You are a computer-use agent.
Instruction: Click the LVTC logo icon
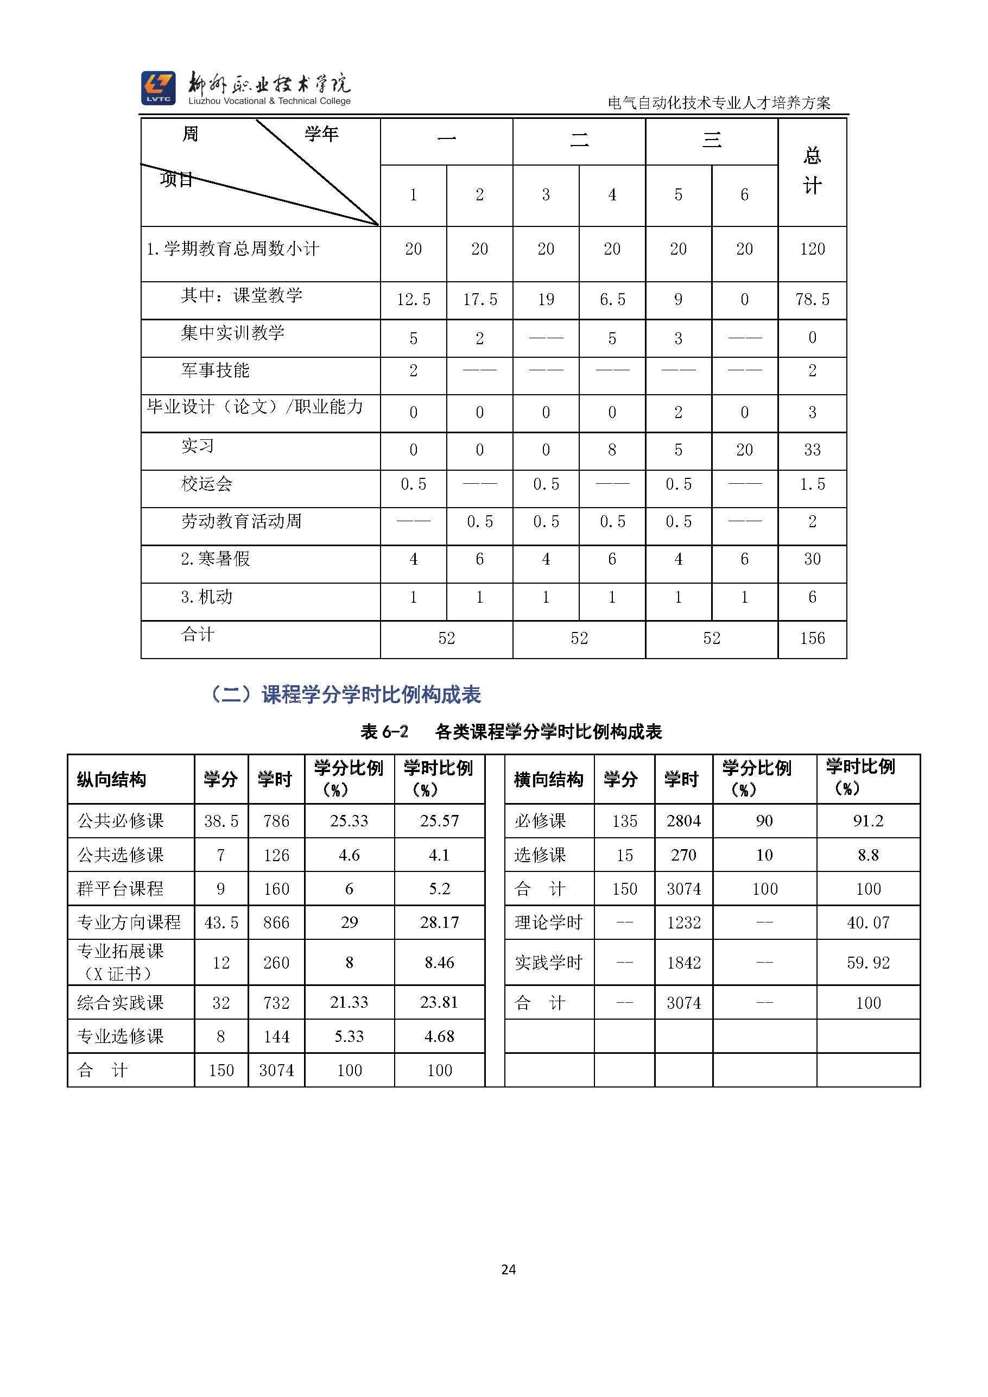[x=158, y=87]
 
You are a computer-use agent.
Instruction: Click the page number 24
[x=509, y=1269]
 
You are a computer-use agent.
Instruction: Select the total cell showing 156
[x=812, y=639]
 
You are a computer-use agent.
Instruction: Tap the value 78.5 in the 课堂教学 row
[x=812, y=299]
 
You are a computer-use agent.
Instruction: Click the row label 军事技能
[x=216, y=370]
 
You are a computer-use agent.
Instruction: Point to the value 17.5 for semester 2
[x=479, y=299]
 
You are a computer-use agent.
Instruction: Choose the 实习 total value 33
[x=812, y=450]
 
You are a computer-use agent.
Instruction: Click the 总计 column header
[x=812, y=171]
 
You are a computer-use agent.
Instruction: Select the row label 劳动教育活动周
[x=241, y=521]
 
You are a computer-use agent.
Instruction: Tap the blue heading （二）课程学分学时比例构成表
[x=344, y=694]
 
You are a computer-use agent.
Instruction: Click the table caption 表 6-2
[x=384, y=731]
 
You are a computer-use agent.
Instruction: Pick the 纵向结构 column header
[x=111, y=780]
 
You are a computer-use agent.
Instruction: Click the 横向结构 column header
[x=548, y=780]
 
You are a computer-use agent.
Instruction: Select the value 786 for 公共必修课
[x=276, y=821]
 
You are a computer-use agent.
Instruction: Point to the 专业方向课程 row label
[x=129, y=922]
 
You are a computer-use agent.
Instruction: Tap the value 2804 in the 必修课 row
[x=684, y=821]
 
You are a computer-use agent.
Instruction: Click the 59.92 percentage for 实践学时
[x=868, y=963]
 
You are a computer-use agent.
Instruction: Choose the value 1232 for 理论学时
[x=684, y=922]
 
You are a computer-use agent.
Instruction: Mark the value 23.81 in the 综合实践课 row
[x=439, y=1002]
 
